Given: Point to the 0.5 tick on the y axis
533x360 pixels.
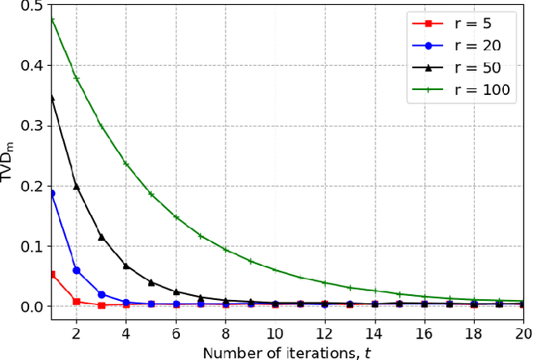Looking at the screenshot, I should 33,6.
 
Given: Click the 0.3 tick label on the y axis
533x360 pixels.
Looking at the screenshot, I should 33,126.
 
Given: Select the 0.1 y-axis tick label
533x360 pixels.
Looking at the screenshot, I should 33,247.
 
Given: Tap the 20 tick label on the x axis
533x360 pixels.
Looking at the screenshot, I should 521,333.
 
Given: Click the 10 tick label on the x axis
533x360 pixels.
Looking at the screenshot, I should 275,333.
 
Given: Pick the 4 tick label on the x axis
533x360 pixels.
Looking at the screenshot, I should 126,333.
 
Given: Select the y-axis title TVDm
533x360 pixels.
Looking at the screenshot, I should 10,156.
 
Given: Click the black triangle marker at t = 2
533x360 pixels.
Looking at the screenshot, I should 77,186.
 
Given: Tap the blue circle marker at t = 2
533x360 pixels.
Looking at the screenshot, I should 77,270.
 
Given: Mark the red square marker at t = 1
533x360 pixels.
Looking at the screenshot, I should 52,274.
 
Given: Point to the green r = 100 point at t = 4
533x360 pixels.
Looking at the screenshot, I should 126,163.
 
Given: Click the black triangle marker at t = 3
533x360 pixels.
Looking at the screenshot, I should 102,237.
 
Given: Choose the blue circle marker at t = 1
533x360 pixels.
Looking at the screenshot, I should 52,193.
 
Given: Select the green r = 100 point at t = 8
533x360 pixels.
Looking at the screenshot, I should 225,249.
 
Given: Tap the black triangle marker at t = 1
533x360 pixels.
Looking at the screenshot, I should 52,97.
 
